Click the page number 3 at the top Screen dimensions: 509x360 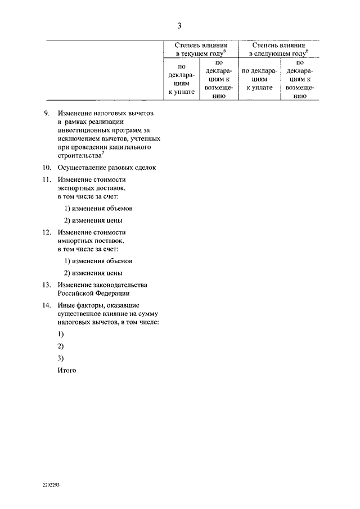tap(179, 25)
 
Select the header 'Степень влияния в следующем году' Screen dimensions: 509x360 tap(279, 49)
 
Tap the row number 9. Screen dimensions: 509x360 tap(47, 113)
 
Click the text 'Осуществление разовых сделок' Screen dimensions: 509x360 tap(106, 168)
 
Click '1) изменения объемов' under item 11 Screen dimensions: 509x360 tap(98, 208)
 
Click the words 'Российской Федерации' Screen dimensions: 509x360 tap(93, 293)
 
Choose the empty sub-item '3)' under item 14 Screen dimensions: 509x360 tap(61, 358)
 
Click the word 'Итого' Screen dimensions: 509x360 tap(66, 370)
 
